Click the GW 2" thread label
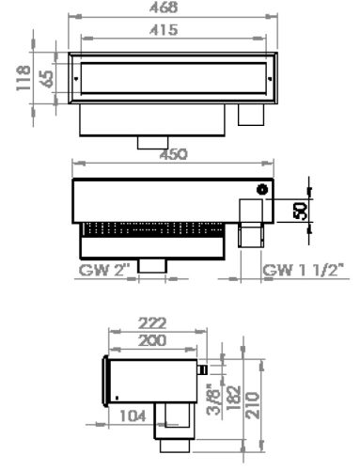[104, 272]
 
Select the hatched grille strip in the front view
[150, 228]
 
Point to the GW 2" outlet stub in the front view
[153, 265]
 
